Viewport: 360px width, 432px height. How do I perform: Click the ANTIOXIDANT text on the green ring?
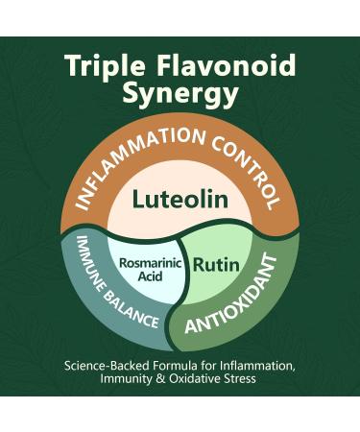(246, 303)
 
